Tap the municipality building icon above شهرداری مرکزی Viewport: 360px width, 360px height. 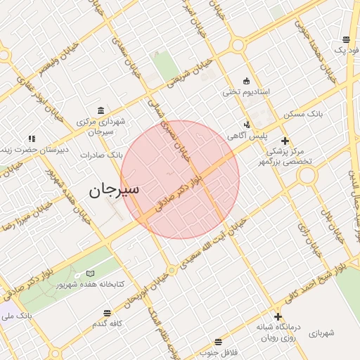coord(102,110)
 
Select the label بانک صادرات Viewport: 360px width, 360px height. coord(101,154)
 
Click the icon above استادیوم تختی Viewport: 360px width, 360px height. coord(245,80)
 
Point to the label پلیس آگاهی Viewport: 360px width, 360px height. coord(245,134)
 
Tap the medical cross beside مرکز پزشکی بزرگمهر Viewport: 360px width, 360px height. coord(285,141)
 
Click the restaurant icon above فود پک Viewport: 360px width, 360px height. coord(346,40)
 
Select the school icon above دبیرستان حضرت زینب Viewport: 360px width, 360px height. coord(31,139)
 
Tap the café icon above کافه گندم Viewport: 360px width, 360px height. coord(107,313)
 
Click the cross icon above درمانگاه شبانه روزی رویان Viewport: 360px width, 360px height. coord(278,316)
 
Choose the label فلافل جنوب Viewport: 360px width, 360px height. coord(219,351)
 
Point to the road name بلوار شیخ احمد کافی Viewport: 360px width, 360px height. coord(309,281)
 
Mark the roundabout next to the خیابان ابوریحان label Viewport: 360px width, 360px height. coord(172,269)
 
